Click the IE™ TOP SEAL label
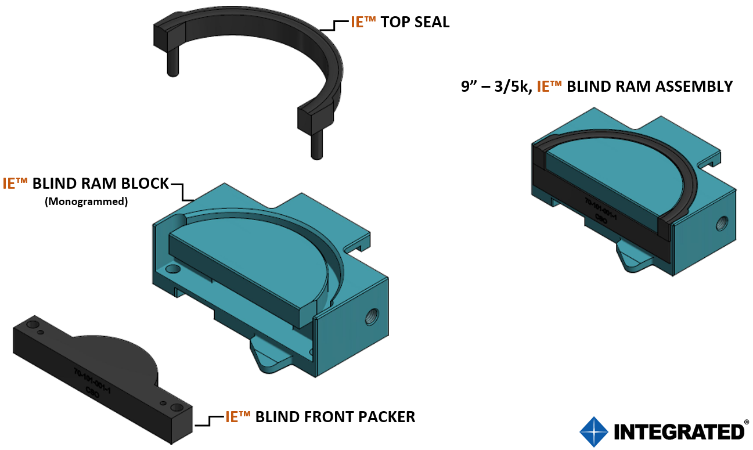point(399,23)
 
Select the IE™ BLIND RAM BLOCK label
point(86,183)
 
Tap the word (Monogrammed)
point(86,202)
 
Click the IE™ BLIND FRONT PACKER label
point(320,416)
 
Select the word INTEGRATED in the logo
point(679,432)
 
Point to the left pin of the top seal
point(172,62)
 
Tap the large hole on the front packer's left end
point(33,323)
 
